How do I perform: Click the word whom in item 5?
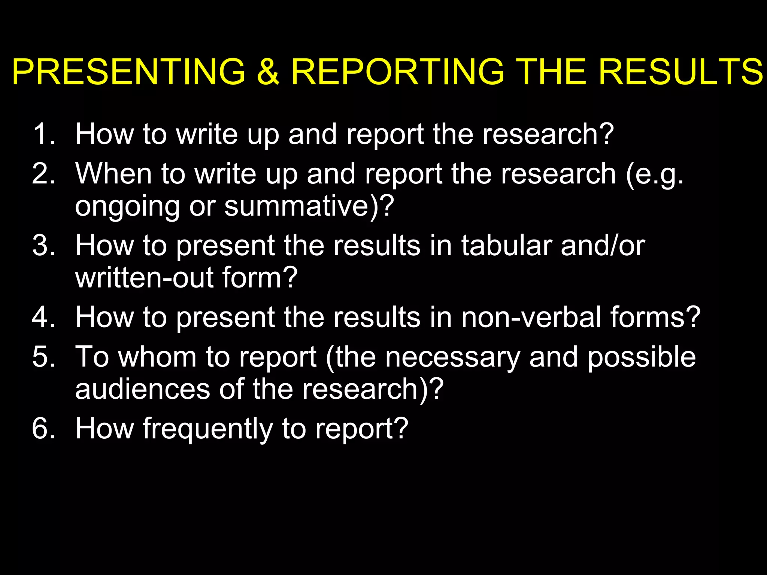click(157, 357)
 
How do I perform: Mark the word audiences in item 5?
click(143, 389)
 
